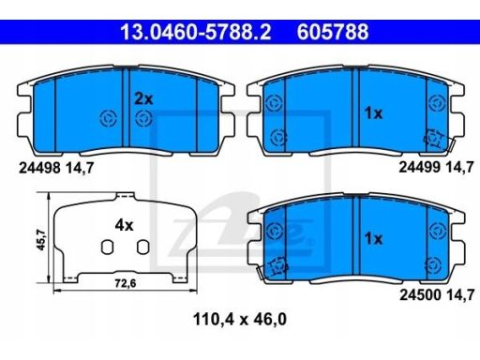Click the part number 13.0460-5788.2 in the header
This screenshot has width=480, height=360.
[x=196, y=32]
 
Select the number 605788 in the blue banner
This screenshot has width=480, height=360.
[x=333, y=32]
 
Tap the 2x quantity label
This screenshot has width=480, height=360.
[x=143, y=99]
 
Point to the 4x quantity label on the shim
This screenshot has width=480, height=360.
[x=124, y=225]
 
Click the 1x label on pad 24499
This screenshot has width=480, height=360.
[x=373, y=113]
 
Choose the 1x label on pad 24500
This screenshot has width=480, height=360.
[x=373, y=239]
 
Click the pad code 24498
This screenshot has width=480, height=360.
[x=39, y=169]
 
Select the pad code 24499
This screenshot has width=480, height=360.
[x=419, y=168]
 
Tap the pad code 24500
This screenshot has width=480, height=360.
[x=420, y=294]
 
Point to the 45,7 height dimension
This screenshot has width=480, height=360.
[x=41, y=240]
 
